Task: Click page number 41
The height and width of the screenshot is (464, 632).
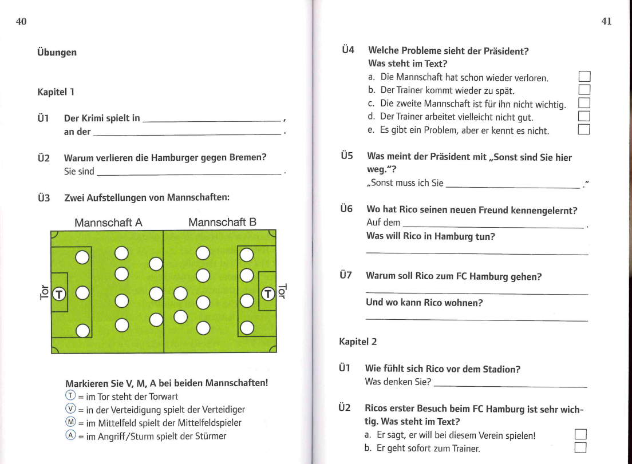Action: (607, 22)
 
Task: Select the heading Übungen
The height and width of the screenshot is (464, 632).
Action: (57, 53)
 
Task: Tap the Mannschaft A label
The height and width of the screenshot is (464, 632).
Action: (108, 222)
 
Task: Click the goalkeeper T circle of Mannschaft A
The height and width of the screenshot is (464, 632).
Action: (59, 294)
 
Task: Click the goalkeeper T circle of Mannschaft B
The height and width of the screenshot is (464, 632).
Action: (268, 294)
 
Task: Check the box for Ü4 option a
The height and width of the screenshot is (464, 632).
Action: (584, 77)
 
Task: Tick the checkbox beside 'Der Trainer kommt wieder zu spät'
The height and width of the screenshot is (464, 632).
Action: (584, 90)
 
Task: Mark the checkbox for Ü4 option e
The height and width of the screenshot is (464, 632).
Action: (584, 130)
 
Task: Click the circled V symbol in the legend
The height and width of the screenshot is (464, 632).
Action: (70, 410)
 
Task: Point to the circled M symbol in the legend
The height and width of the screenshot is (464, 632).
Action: (70, 423)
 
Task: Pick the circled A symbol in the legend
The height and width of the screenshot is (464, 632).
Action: (70, 436)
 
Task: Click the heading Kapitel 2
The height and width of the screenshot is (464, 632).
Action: (358, 342)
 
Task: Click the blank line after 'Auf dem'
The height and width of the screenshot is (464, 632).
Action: (492, 226)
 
